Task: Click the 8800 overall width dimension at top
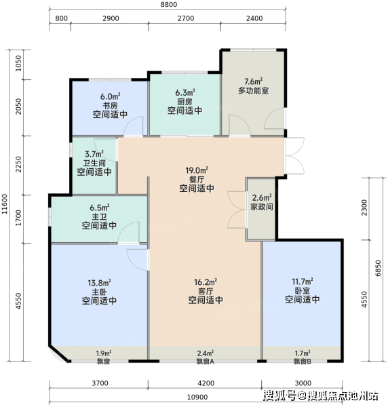(169, 5)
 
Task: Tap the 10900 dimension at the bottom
(197, 398)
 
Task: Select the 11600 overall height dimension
(5, 204)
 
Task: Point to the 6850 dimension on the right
(378, 268)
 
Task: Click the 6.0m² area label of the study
(111, 97)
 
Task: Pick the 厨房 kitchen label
(185, 102)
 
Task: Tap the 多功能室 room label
(253, 91)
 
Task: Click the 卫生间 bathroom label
(94, 163)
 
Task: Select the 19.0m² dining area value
(197, 170)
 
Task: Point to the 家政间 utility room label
(262, 207)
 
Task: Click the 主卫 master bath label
(100, 216)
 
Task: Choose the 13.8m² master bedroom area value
(100, 283)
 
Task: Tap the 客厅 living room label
(206, 291)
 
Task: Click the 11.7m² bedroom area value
(303, 282)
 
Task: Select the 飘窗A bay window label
(206, 362)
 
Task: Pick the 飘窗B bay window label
(303, 362)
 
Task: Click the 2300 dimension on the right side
(364, 208)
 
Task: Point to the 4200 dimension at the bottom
(206, 383)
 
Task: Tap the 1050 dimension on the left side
(18, 63)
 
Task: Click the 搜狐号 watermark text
(279, 396)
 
